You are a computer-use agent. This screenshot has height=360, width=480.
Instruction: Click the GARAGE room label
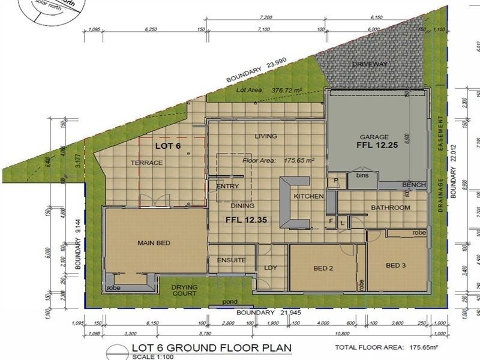pos(374,136)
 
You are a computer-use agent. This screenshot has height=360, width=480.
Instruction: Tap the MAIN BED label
pos(154,242)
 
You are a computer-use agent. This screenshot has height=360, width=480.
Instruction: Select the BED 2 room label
pos(323,268)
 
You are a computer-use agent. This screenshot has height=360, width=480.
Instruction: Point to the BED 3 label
pos(396,265)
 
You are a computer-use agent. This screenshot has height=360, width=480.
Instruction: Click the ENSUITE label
pos(231,260)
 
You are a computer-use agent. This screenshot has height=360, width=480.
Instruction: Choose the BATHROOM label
pos(390,208)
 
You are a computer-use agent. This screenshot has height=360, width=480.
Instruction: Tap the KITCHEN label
pos(308,196)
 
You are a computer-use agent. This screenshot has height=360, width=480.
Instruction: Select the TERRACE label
pos(146,163)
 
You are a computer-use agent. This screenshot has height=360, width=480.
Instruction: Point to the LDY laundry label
pos(270,268)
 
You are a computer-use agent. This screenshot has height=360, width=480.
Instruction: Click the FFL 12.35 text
pos(245,220)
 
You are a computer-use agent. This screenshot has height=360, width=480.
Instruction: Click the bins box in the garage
pos(361,176)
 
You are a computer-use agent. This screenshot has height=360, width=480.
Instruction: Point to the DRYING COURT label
pos(184,290)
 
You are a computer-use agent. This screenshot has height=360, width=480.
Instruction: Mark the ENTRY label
pos(227,187)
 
